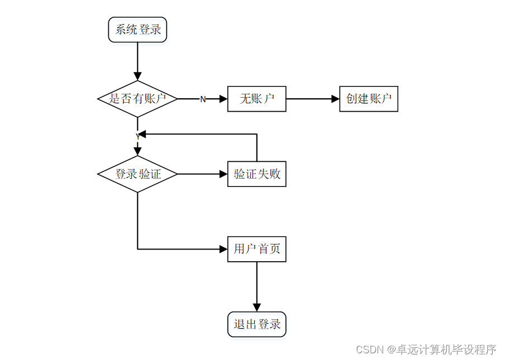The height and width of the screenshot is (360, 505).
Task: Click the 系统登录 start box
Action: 137,30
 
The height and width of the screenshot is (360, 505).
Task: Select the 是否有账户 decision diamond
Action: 137,99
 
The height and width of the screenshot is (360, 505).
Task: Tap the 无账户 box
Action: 256,99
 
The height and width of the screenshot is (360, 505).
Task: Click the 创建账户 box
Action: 368,99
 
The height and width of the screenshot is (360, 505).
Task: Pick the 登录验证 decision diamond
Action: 137,174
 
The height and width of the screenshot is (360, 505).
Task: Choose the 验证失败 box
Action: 256,174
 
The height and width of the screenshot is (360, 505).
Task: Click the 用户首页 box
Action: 256,249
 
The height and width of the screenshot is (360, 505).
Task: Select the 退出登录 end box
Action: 256,324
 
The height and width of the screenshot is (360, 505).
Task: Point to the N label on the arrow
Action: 203,99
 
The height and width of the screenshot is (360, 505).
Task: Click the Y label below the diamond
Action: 137,137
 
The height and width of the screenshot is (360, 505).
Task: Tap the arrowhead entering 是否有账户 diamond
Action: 137,76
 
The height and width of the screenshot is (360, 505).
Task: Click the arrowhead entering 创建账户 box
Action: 335,99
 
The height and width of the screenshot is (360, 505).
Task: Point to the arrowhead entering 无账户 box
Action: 223,99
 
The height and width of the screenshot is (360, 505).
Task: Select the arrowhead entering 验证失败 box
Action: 223,174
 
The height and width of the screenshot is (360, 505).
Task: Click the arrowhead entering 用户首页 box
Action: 223,249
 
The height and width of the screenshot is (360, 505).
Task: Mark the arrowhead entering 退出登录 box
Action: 256,308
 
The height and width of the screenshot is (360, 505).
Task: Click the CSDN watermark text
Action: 426,349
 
